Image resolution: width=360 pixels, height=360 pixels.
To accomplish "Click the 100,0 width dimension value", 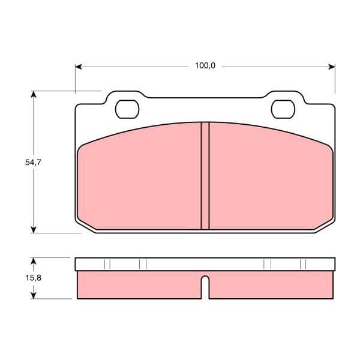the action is click(x=205, y=66).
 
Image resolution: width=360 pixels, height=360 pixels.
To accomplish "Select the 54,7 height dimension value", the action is click(x=33, y=163).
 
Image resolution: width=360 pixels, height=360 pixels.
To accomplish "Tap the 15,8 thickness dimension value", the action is click(x=33, y=278).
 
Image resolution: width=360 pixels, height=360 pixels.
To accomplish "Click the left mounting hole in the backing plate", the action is click(x=127, y=109).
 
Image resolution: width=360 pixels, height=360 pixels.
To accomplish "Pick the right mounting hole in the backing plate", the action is click(x=283, y=109).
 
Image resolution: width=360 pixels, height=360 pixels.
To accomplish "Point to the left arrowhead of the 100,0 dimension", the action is click(x=79, y=67).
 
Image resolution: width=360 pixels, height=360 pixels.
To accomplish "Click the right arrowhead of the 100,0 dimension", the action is click(x=332, y=67).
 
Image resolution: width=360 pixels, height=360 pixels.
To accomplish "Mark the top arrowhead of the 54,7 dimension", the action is click(x=34, y=94).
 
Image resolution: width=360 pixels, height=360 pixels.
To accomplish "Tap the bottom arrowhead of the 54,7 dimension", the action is click(x=34, y=229).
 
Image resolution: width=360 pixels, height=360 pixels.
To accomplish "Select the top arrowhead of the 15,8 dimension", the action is click(x=34, y=261).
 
